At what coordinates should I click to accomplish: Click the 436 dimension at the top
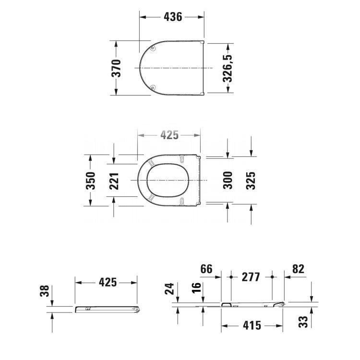[x=173, y=17]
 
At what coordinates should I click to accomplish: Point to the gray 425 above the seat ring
[x=169, y=135]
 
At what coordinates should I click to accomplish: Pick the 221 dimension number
[x=114, y=180]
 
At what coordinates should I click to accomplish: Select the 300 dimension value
[x=228, y=180]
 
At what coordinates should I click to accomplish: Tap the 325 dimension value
[x=251, y=180]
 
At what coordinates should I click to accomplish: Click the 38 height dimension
[x=44, y=291]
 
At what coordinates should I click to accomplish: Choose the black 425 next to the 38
[x=108, y=282]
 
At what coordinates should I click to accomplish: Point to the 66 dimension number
[x=206, y=269]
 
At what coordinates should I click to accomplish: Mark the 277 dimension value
[x=251, y=277]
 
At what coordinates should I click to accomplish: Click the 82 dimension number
[x=298, y=269]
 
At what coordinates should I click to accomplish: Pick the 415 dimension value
[x=252, y=325]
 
